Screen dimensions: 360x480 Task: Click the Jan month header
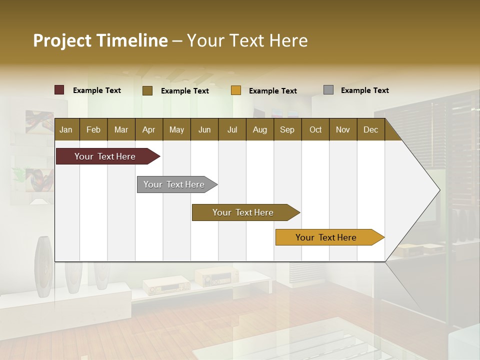[x=66, y=129]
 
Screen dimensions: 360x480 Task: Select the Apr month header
[x=148, y=129]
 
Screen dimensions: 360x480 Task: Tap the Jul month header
[x=232, y=129]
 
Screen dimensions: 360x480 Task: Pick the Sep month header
[x=287, y=129]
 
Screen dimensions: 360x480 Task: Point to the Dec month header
[x=370, y=129]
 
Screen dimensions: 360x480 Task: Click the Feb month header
[x=93, y=129]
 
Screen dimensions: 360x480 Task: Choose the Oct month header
[x=315, y=129]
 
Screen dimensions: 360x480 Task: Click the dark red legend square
[x=59, y=90]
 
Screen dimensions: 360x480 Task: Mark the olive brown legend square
[x=147, y=90]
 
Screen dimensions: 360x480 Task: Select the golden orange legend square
[x=236, y=90]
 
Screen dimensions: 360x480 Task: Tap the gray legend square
[x=328, y=90]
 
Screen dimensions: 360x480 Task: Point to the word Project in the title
[x=62, y=40]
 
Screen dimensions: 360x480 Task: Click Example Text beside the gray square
[x=364, y=90]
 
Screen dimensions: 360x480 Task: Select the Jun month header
[x=204, y=129]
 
